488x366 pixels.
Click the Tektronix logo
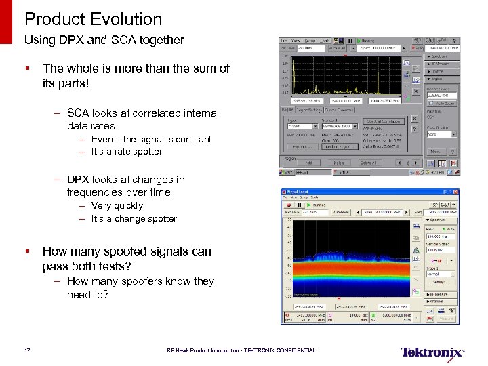tap(432, 352)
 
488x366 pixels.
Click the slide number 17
tap(27, 350)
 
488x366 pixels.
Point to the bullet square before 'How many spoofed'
tap(27, 252)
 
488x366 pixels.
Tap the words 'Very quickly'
tap(117, 206)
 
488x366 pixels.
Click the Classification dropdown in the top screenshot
tap(441, 134)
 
